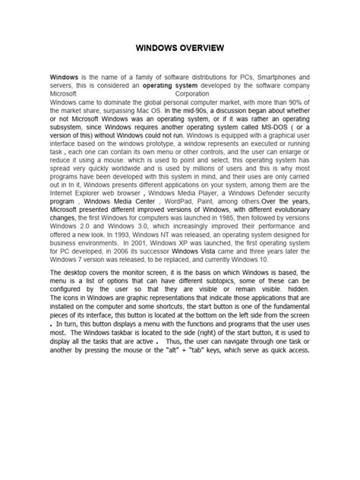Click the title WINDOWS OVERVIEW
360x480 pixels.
click(180, 48)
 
